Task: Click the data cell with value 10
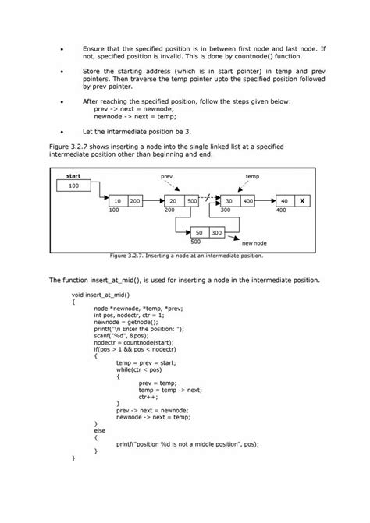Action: coord(117,201)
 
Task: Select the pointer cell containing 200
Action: coord(135,201)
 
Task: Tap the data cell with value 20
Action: coord(173,201)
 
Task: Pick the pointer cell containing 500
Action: coord(192,201)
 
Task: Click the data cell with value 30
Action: coord(229,201)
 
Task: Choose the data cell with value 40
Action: coord(284,201)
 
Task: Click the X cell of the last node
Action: coord(303,201)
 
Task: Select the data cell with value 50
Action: coord(199,232)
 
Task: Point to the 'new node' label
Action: coord(254,244)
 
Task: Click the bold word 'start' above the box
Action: coord(74,176)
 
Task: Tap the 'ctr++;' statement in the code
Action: coord(149,396)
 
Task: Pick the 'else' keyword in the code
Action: coord(99,429)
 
